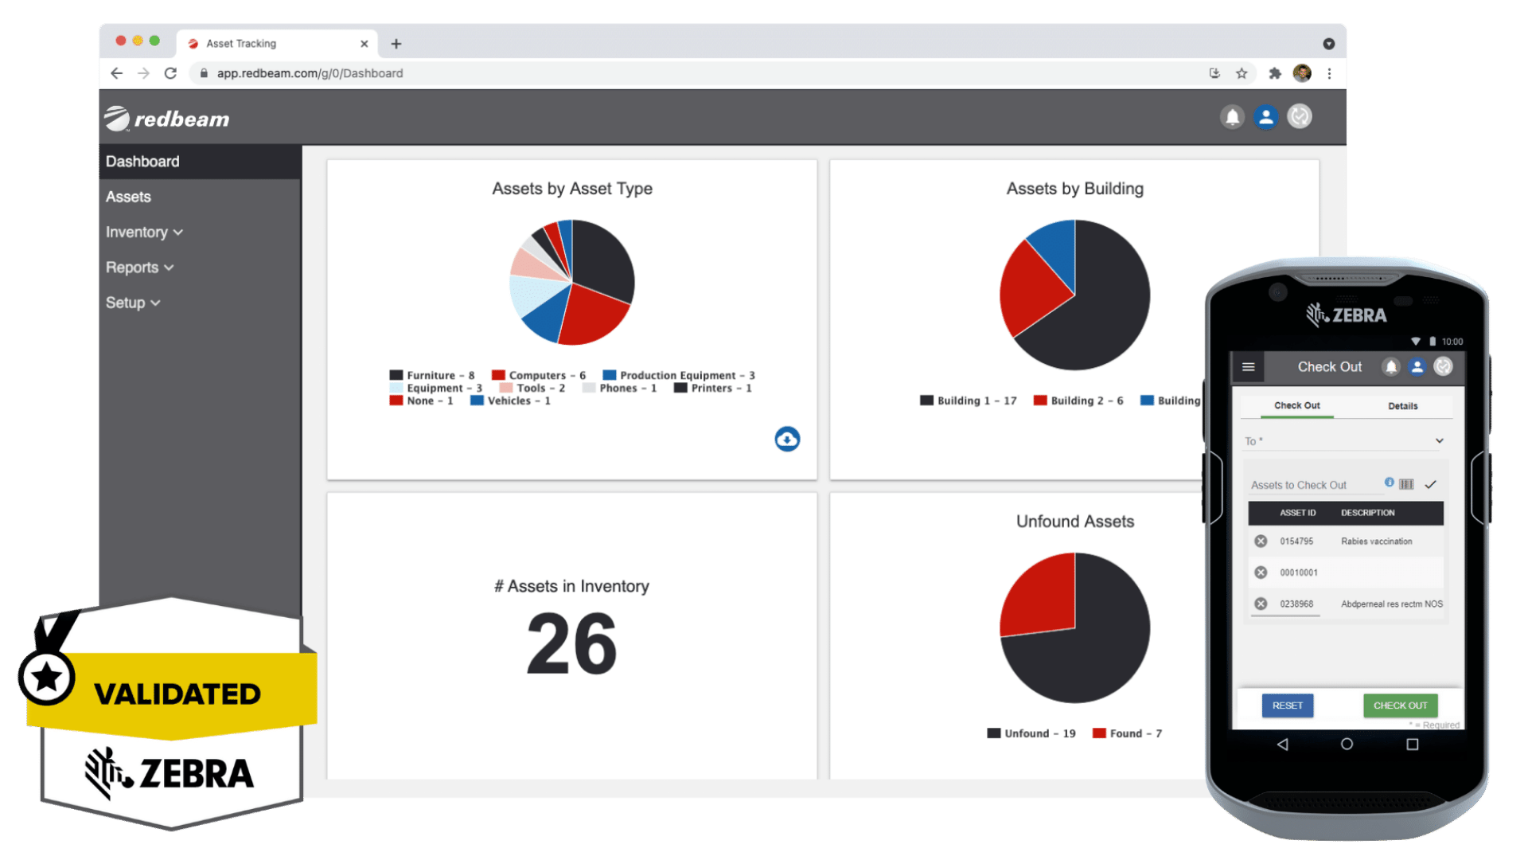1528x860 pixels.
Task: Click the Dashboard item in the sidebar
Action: coord(143,162)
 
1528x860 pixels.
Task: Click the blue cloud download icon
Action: coord(787,439)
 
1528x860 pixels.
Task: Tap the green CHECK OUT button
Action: coord(1400,706)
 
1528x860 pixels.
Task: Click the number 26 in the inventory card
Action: coord(571,643)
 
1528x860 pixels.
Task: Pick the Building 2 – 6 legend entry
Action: coord(1078,401)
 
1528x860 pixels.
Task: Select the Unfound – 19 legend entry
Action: coord(1031,733)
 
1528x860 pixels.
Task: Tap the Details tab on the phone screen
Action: coord(1402,406)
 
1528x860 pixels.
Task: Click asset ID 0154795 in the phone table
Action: coord(1296,541)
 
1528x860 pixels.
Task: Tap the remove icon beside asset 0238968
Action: coord(1261,604)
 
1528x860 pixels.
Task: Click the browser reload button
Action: coord(170,73)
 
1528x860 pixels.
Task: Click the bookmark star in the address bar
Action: coord(1241,73)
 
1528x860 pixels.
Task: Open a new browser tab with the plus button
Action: coord(396,44)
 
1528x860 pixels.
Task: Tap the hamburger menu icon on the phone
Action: coord(1248,367)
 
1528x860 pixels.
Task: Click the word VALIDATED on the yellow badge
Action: coord(177,694)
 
